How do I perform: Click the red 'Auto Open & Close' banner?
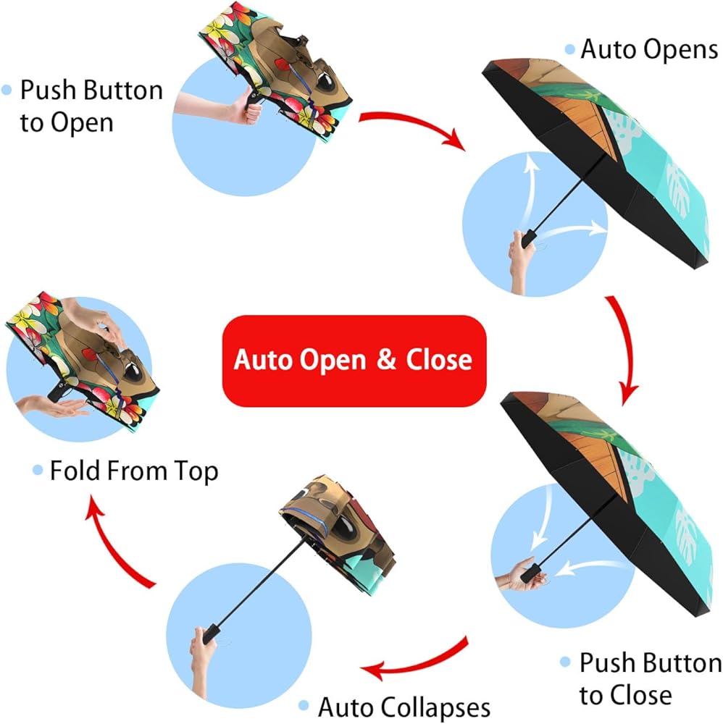354,361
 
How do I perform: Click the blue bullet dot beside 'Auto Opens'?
570,49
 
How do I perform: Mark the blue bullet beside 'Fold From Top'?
38,471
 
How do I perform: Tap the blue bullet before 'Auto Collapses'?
304,705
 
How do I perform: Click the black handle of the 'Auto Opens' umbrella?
529,239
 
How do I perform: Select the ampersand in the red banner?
386,360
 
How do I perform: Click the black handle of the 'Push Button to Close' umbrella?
530,573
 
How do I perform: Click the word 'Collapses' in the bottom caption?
437,707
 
